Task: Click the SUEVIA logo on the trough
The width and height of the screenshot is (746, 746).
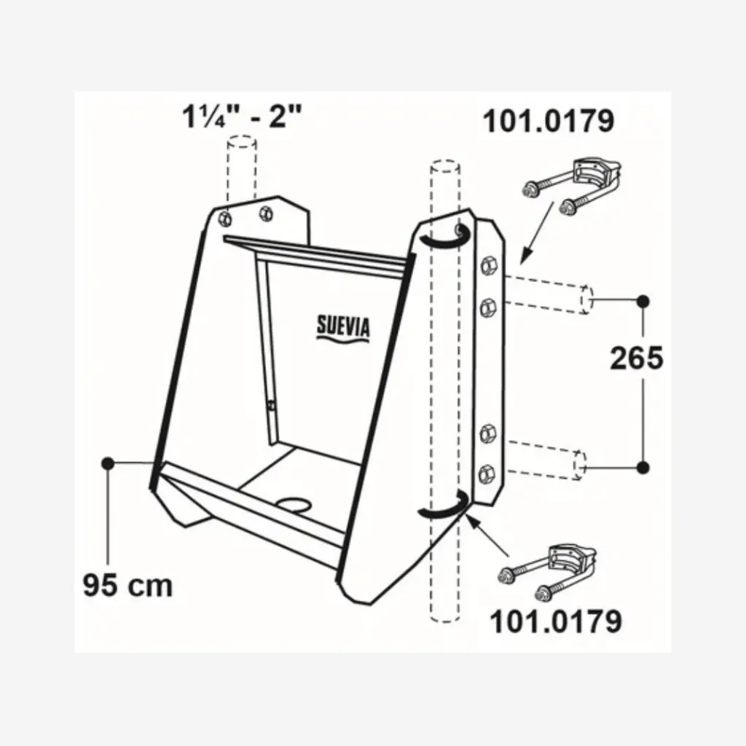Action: point(343,326)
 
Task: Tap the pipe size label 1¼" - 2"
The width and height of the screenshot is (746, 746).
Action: point(240,117)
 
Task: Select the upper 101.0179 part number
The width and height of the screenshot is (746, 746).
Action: point(549,121)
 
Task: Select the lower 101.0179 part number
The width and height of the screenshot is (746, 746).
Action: point(555,621)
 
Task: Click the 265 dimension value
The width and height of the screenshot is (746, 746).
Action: point(636,358)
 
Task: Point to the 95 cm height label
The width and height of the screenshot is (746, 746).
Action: point(127,584)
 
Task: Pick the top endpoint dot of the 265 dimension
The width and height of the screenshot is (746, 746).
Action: point(643,300)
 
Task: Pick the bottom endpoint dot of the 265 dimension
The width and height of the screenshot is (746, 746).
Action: point(643,466)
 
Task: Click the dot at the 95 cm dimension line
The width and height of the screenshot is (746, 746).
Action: point(108,463)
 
